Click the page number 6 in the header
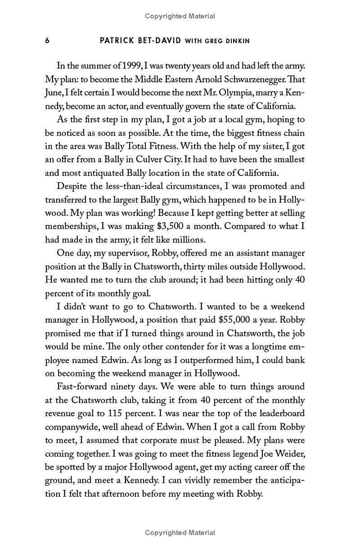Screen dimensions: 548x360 tap(47, 41)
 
